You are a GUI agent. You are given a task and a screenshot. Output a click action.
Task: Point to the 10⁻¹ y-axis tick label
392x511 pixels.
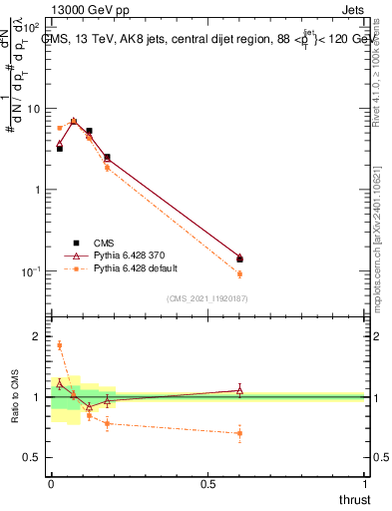(x=32, y=271)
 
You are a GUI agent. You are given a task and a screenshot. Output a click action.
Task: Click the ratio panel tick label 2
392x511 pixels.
(x=37, y=336)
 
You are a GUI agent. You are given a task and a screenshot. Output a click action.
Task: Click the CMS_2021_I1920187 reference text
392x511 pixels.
(x=206, y=298)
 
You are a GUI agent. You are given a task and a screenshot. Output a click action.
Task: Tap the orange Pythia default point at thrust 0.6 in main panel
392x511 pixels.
(x=239, y=273)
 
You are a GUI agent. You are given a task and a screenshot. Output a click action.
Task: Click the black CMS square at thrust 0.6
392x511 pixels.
(x=239, y=259)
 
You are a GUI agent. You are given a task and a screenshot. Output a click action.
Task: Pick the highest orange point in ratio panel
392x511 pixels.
(x=60, y=345)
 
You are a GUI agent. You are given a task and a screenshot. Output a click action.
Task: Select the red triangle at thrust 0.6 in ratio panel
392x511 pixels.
(x=239, y=390)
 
